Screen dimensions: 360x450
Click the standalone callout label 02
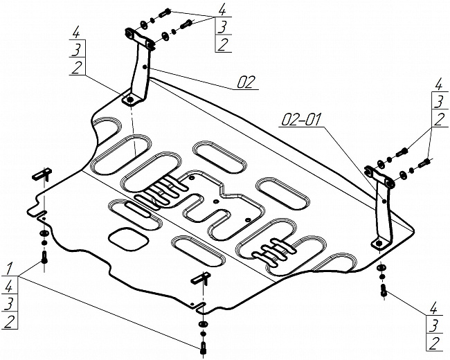pyautogui.click(x=246, y=82)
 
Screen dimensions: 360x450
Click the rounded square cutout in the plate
pyautogui.click(x=129, y=238)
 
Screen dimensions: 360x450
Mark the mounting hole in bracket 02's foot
pyautogui.click(x=129, y=100)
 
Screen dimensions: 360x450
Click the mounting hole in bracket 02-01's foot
pyautogui.click(x=377, y=242)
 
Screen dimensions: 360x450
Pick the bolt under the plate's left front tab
pyautogui.click(x=45, y=259)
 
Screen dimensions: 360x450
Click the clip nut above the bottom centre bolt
pyautogui.click(x=201, y=279)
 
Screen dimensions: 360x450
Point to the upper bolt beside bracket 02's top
pyautogui.click(x=165, y=12)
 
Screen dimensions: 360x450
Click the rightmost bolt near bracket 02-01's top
pyautogui.click(x=425, y=163)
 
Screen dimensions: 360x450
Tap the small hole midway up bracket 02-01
pyautogui.click(x=384, y=202)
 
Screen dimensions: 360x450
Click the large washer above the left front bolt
pyautogui.click(x=44, y=241)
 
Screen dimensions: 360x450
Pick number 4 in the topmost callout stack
pyautogui.click(x=222, y=10)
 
